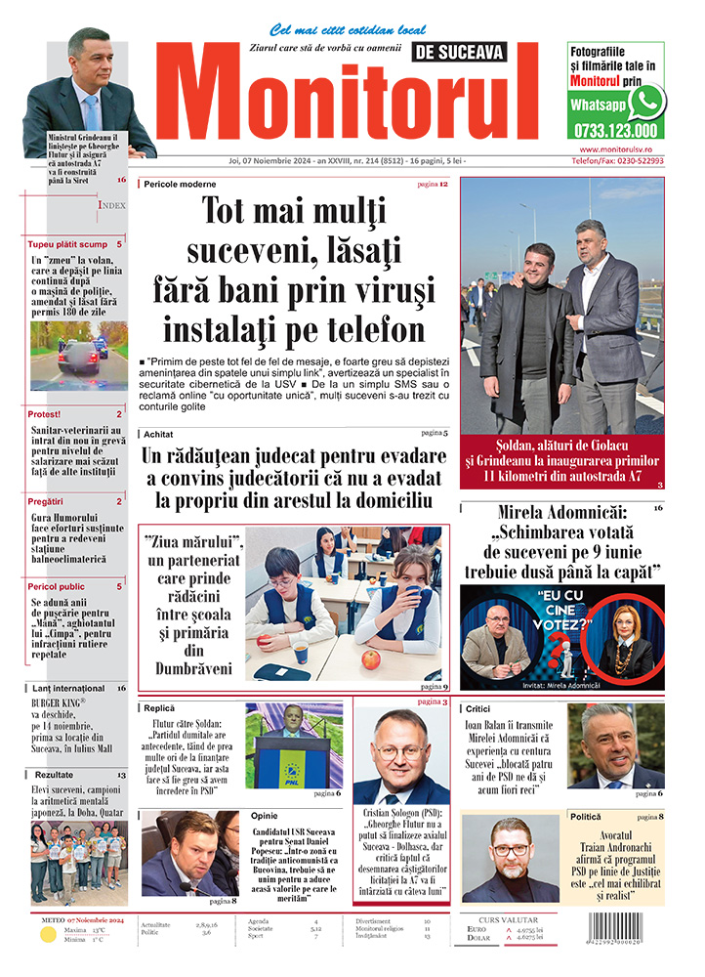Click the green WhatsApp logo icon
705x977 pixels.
645,102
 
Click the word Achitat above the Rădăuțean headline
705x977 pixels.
158,432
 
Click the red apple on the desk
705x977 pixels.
371,659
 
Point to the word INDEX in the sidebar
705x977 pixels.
111,206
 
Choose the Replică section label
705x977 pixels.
159,707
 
